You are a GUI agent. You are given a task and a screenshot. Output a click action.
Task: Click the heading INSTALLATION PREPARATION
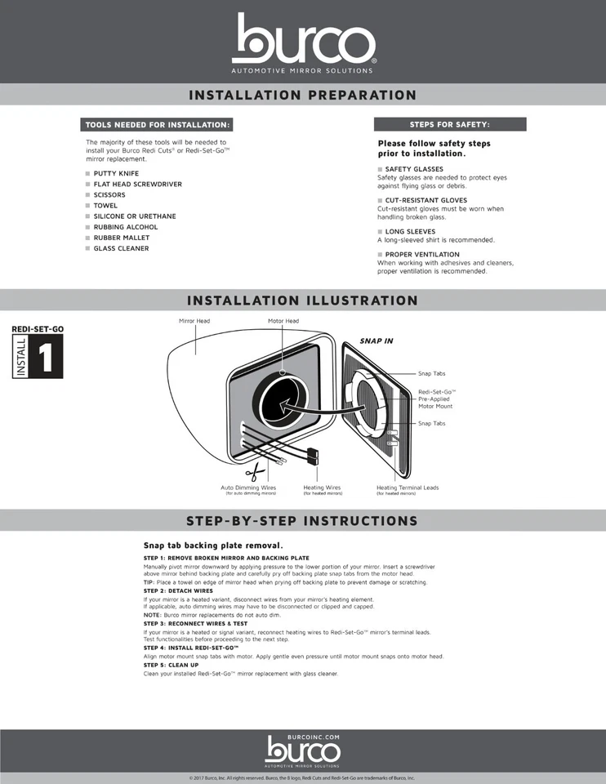pos(303,95)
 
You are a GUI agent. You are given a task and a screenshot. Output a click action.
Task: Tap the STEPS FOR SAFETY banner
pos(450,124)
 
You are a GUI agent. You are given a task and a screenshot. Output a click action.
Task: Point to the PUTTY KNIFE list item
pos(116,173)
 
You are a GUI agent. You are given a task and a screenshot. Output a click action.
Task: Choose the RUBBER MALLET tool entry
pos(122,238)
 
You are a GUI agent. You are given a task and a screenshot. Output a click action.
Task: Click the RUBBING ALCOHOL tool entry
pos(126,227)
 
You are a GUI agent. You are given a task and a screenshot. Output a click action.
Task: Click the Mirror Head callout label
pos(194,321)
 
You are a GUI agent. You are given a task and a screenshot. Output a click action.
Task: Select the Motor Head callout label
pos(283,321)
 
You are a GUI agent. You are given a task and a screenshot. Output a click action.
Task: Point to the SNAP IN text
pos(377,341)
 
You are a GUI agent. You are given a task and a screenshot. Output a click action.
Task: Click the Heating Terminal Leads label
pos(408,488)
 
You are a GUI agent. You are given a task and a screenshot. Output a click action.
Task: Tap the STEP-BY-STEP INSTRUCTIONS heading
pos(303,520)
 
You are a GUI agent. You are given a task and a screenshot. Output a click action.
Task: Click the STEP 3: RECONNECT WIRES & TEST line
pos(195,623)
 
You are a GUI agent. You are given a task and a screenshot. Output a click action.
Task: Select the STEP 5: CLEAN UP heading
pos(171,665)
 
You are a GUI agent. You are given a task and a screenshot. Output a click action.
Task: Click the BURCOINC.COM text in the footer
pos(303,737)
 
